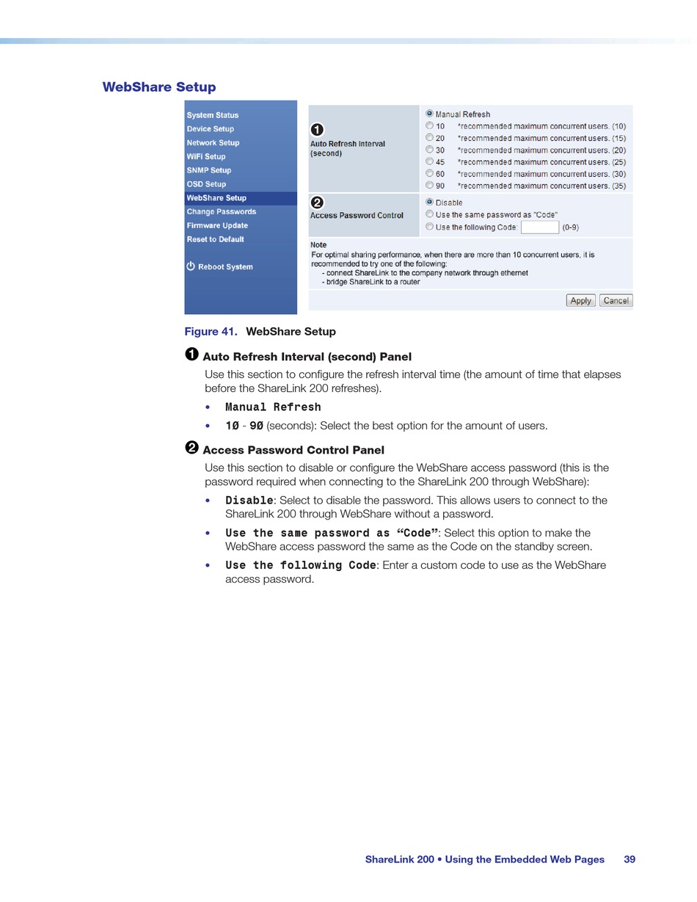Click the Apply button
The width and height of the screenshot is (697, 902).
coord(580,300)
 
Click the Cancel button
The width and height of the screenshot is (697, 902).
coord(616,300)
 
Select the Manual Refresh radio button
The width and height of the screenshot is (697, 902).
coord(430,114)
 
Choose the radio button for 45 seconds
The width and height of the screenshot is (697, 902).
coord(430,161)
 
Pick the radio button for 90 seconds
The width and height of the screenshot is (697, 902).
coord(430,186)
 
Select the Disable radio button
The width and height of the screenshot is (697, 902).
coord(430,202)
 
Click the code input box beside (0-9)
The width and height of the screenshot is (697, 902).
coord(539,228)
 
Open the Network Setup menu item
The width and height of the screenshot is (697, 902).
coord(213,143)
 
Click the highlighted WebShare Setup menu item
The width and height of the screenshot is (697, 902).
coord(216,198)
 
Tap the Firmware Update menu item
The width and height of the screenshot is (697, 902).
coord(217,225)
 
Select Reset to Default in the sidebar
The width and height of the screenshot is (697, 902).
coord(215,239)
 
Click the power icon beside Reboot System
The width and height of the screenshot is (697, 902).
coord(191,266)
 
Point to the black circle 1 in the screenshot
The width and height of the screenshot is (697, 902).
coord(317,130)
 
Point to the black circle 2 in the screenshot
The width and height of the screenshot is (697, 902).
coord(317,203)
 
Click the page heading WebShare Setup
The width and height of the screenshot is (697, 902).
coord(159,87)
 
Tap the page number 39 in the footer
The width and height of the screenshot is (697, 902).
coord(630,859)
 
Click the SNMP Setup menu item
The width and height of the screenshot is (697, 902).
coord(208,170)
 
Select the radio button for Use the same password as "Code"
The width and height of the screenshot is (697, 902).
coord(430,214)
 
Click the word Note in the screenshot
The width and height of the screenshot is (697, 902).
coord(318,245)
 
